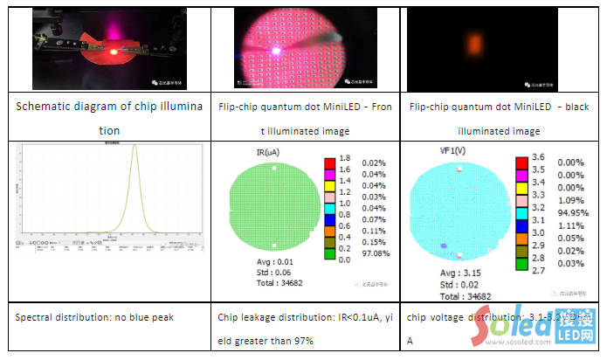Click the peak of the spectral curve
tap(135, 148)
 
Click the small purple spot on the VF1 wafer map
tap(444, 246)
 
